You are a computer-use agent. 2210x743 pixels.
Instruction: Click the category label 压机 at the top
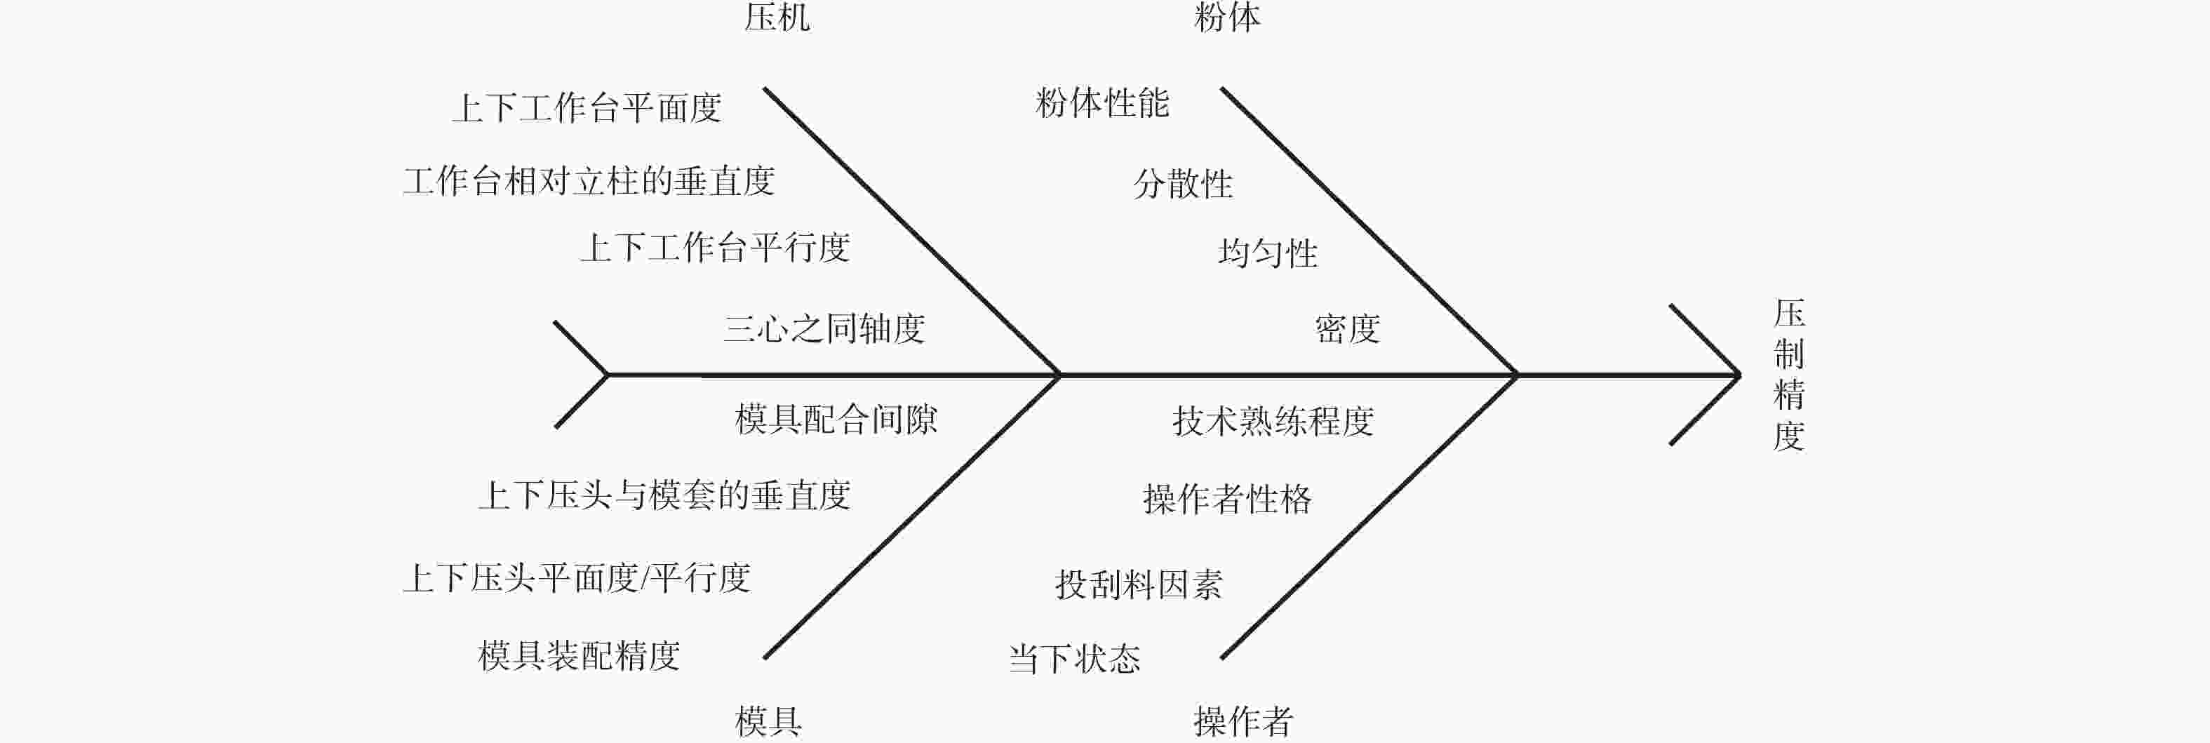pyautogui.click(x=777, y=16)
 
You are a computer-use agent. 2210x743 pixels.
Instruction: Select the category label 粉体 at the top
pyautogui.click(x=1228, y=16)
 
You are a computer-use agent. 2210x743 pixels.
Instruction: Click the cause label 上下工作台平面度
pyautogui.click(x=587, y=108)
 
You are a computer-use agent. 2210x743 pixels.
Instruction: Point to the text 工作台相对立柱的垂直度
pyautogui.click(x=589, y=181)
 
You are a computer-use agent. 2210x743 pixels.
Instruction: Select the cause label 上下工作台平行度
pyautogui.click(x=716, y=248)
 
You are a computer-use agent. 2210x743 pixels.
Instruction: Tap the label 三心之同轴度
pyautogui.click(x=824, y=328)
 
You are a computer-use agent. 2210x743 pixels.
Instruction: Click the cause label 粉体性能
pyautogui.click(x=1102, y=103)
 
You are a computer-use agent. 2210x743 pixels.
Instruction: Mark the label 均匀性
pyautogui.click(x=1268, y=253)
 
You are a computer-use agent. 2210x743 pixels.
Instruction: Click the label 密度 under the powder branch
pyautogui.click(x=1348, y=328)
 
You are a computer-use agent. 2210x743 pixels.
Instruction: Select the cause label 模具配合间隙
pyautogui.click(x=836, y=420)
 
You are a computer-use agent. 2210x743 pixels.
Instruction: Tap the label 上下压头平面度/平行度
pyautogui.click(x=577, y=578)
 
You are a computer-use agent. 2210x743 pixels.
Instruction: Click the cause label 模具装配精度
pyautogui.click(x=579, y=656)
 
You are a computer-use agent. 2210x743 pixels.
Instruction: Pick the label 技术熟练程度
pyautogui.click(x=1274, y=421)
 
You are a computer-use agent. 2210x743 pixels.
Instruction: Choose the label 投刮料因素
pyautogui.click(x=1139, y=585)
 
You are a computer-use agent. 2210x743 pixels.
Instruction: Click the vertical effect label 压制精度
pyautogui.click(x=1790, y=375)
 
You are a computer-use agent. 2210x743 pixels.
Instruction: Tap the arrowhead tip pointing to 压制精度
pyautogui.click(x=1739, y=375)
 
